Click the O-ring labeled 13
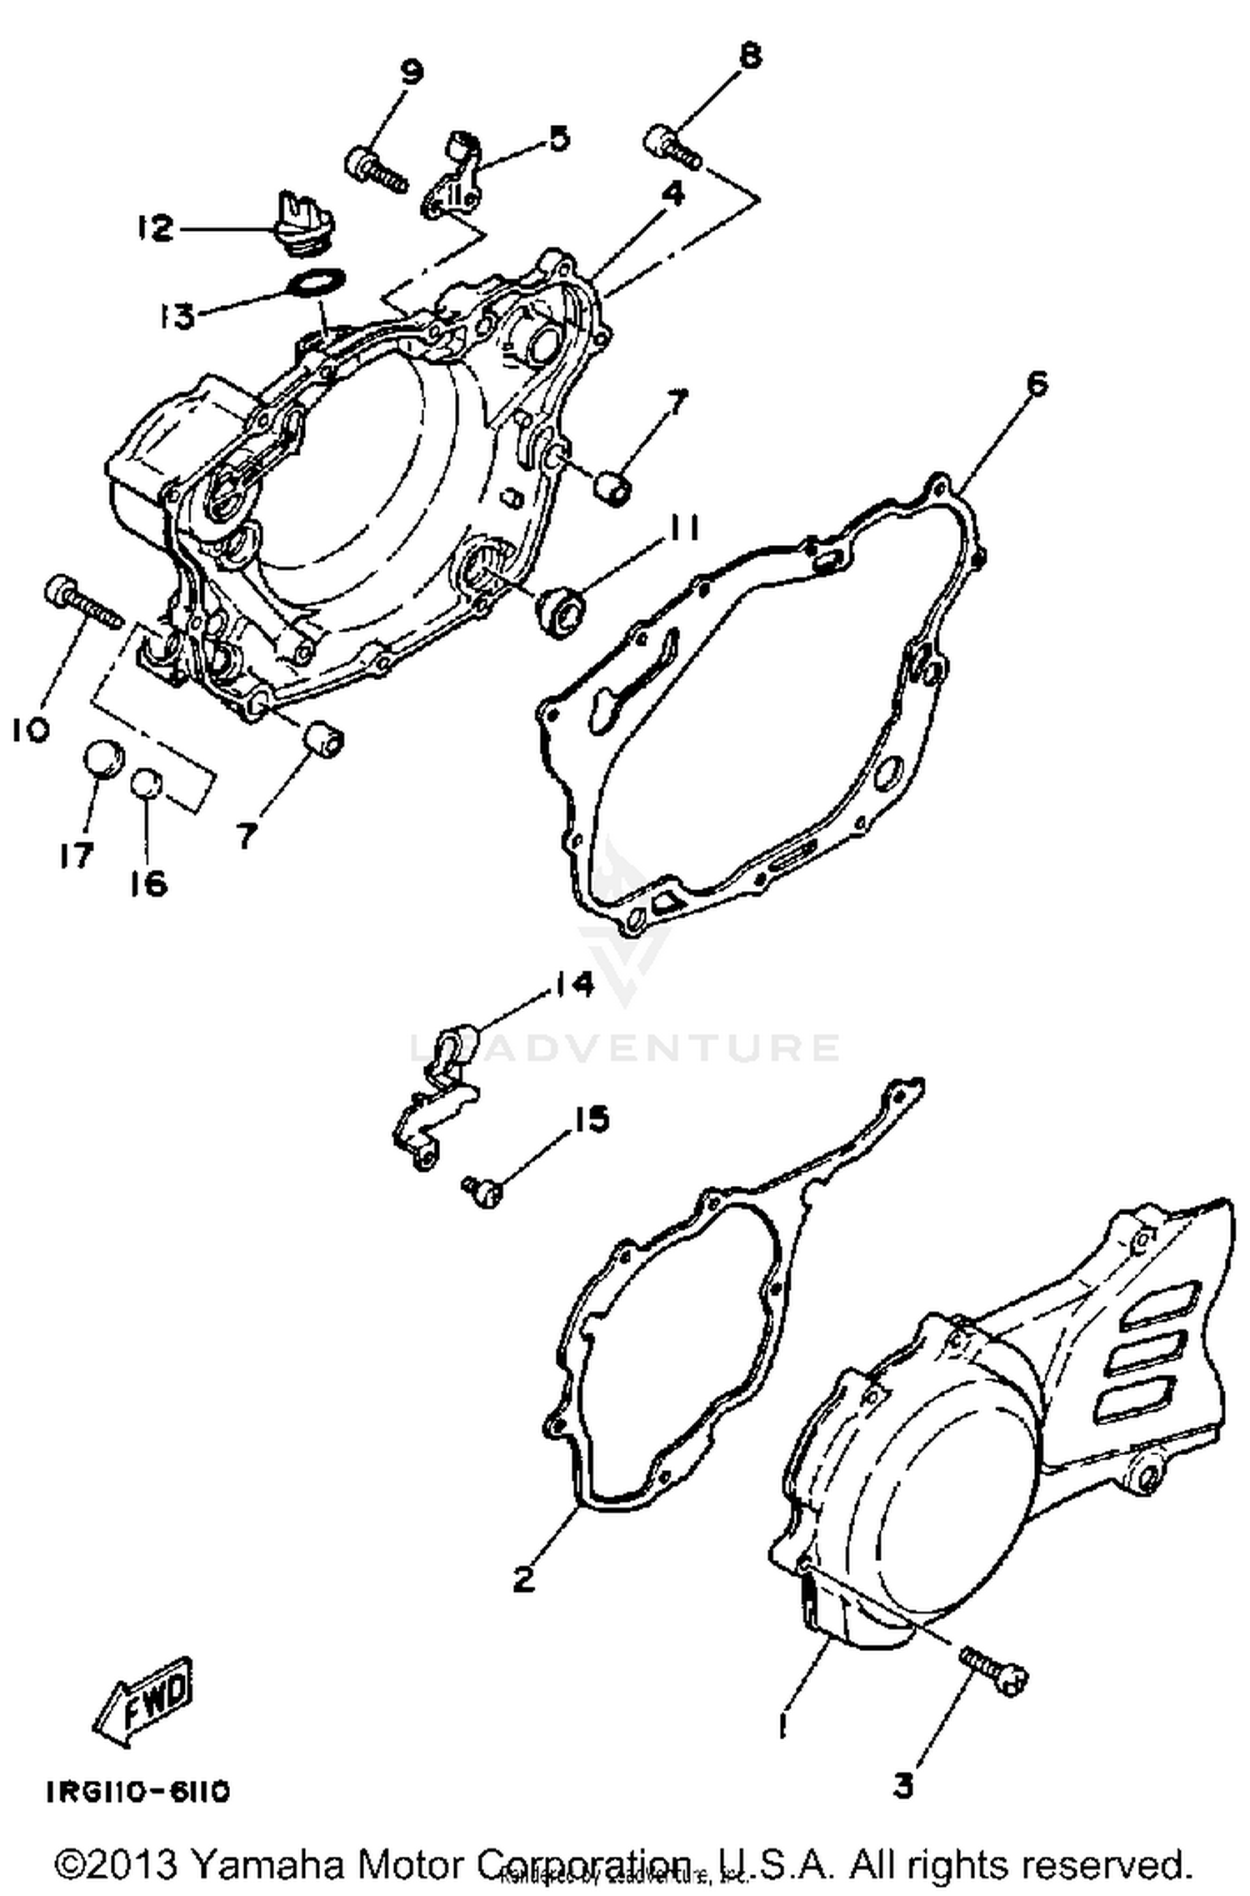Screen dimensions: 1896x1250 pyautogui.click(x=316, y=282)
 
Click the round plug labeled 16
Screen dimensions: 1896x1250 pyautogui.click(x=147, y=783)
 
